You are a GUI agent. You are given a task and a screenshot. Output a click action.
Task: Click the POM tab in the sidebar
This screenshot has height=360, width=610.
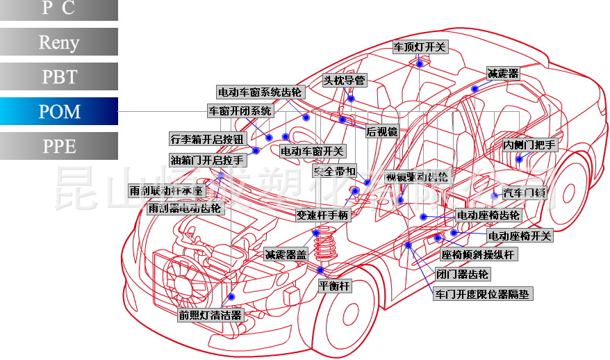[x=59, y=111]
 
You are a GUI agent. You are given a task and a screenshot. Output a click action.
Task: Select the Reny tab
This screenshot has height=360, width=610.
[x=59, y=42]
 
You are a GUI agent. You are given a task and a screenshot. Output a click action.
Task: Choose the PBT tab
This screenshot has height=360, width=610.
[x=59, y=76]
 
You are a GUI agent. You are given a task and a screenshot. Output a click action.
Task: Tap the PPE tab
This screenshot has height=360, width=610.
[x=59, y=146]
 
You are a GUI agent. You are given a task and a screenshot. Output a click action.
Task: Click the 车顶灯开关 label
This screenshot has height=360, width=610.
[x=420, y=48]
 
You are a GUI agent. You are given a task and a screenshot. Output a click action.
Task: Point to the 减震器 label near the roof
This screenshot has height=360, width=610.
[x=503, y=74]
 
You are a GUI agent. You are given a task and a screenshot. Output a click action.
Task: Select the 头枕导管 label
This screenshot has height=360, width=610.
[x=344, y=81]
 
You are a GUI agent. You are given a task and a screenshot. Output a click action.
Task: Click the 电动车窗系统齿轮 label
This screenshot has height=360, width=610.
[x=260, y=92]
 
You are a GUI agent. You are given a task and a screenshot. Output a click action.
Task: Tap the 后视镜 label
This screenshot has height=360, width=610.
[x=381, y=131]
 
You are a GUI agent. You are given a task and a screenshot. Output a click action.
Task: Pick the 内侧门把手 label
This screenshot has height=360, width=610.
[x=530, y=145]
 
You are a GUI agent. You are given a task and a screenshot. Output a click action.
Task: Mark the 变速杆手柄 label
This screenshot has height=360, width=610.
[x=322, y=215]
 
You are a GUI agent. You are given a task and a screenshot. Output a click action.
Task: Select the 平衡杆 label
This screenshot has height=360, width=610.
[x=335, y=286]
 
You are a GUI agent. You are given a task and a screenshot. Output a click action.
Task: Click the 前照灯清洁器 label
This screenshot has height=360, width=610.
[x=210, y=315]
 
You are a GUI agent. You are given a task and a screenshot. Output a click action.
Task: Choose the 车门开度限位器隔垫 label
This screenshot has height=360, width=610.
[x=483, y=294]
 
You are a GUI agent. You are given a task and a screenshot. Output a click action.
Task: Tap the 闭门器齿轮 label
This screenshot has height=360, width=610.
[x=463, y=275]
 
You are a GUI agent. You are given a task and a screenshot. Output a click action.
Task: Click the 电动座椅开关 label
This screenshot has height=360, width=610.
[x=520, y=236]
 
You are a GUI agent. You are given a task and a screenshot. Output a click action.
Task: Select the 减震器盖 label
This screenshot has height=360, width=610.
[x=286, y=255]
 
